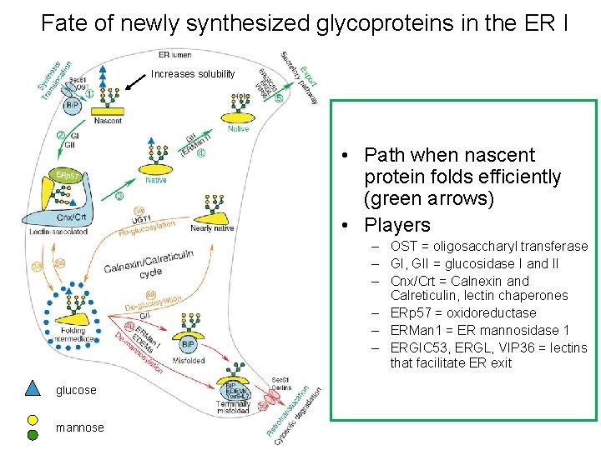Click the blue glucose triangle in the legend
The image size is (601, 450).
pyautogui.click(x=33, y=387)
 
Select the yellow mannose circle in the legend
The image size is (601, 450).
pyautogui.click(x=33, y=421)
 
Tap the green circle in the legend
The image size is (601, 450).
pyautogui.click(x=33, y=434)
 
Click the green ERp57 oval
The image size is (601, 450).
pyautogui.click(x=63, y=176)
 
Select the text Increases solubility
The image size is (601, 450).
pyautogui.click(x=193, y=74)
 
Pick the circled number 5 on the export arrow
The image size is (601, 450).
pyautogui.click(x=279, y=97)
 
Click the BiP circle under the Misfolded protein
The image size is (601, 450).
pyautogui.click(x=188, y=343)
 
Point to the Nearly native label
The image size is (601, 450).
pyautogui.click(x=212, y=227)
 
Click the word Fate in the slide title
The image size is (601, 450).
pyautogui.click(x=64, y=22)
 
